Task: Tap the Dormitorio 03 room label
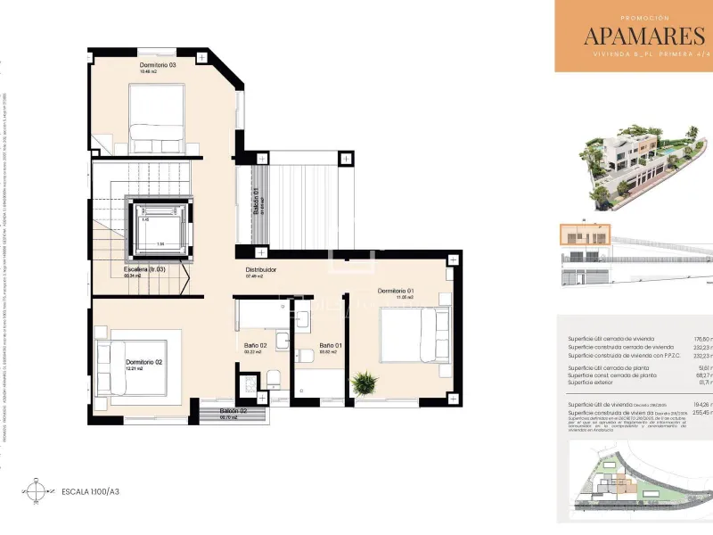pos(158,65)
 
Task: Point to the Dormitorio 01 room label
pos(396,291)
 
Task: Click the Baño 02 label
pos(256,345)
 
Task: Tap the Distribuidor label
pos(261,269)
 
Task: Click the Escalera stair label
pos(144,268)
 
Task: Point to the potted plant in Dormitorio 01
pos(363,383)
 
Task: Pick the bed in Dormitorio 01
pos(414,336)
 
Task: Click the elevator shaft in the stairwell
pos(160,228)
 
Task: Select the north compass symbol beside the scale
pos(36,490)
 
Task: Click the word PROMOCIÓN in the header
pos(643,17)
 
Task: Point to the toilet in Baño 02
pos(275,380)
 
